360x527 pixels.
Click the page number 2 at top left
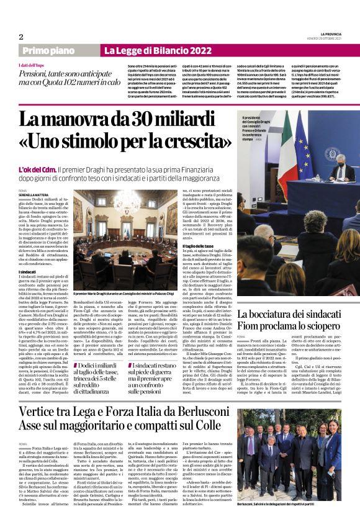[x=21, y=37]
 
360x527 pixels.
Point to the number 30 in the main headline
[x=141, y=118]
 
